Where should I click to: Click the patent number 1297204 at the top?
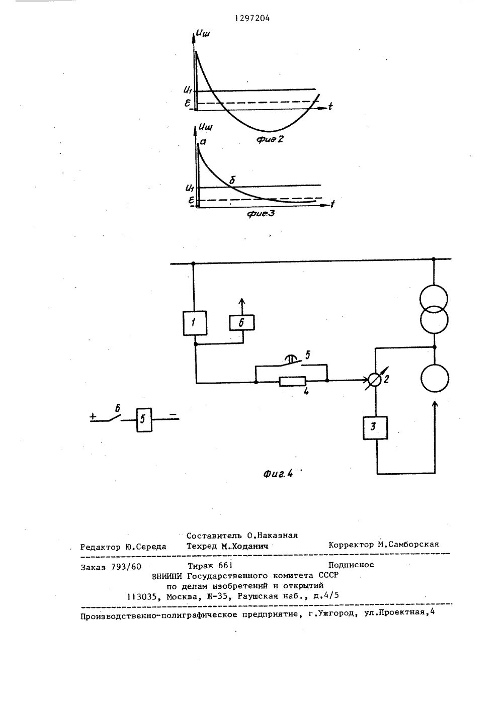click(252, 19)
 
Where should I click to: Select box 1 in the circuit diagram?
click(194, 323)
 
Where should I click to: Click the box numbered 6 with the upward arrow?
click(241, 323)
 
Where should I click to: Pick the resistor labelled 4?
click(291, 382)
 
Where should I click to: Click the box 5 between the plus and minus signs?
click(143, 419)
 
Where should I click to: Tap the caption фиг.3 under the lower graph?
click(261, 214)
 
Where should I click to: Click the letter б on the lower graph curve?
click(232, 180)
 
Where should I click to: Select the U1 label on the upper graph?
click(187, 91)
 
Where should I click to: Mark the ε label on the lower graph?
click(190, 200)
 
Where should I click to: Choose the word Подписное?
click(351, 564)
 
